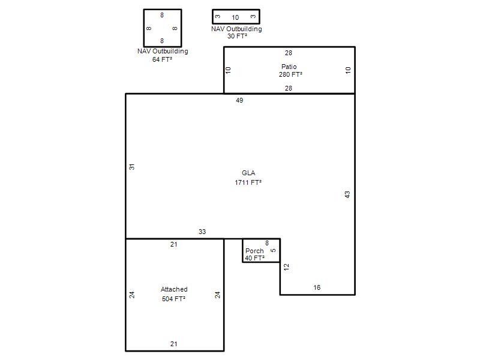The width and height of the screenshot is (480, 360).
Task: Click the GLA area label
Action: pos(248,173)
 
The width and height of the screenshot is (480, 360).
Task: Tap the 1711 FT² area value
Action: pos(248,182)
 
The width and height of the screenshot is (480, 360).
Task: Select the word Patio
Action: pos(289,67)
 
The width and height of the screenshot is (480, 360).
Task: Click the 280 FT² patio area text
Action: pos(290,74)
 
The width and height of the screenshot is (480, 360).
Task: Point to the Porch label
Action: pos(254,251)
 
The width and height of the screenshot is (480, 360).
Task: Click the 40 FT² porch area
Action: pos(254,258)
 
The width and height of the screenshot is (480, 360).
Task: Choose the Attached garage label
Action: pos(174,289)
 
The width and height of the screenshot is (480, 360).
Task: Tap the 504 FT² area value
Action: pos(173,299)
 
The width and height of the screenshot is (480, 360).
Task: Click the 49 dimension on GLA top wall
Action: pos(239,100)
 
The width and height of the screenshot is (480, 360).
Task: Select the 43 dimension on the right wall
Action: pos(347,194)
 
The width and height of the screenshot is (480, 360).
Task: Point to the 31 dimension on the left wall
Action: pos(131,167)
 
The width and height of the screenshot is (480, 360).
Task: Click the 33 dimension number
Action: pos(202,232)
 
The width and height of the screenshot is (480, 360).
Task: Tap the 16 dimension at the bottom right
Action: pos(317,287)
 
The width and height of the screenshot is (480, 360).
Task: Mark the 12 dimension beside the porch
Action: pos(286,267)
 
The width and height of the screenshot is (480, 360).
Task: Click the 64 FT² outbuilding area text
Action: pos(162,59)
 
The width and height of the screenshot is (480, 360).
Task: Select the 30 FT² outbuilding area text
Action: pos(237,36)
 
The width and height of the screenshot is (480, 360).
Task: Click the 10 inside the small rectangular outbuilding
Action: pos(235,17)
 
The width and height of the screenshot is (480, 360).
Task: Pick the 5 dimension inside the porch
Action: pos(273,250)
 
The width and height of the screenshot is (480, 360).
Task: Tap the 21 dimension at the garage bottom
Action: pos(173,344)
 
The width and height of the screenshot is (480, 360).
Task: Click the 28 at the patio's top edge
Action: pos(289,53)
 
